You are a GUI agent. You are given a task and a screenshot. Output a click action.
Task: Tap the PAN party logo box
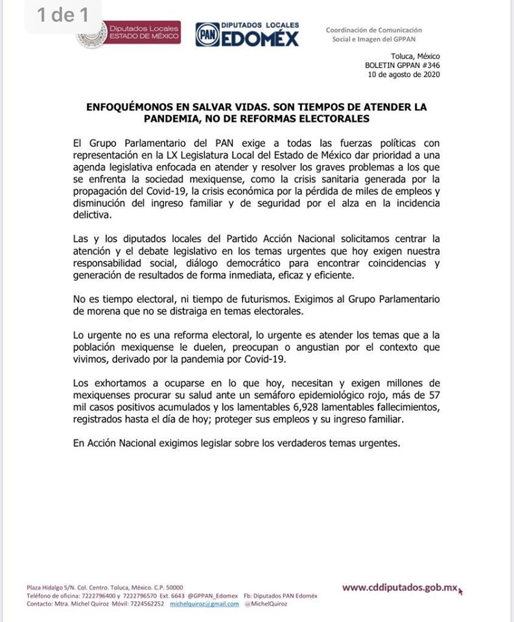pyautogui.click(x=207, y=35)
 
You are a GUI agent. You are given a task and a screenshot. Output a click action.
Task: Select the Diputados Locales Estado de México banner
pyautogui.click(x=145, y=34)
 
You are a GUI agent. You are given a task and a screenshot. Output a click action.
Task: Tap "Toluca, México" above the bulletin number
pyautogui.click(x=415, y=56)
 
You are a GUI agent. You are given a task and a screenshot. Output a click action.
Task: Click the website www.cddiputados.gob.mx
pyautogui.click(x=399, y=588)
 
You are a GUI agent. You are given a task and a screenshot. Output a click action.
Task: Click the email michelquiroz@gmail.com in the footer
pyautogui.click(x=204, y=603)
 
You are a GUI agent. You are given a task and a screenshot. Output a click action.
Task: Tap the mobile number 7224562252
pyautogui.click(x=146, y=603)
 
